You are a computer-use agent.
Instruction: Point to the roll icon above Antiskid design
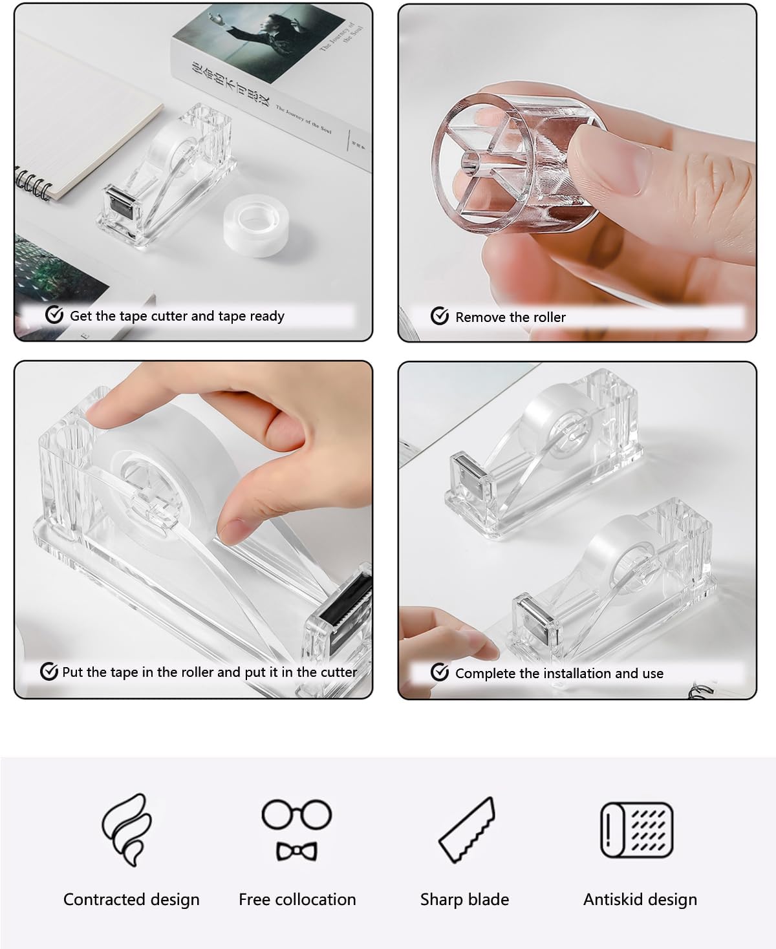[637, 830]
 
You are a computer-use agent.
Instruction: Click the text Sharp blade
[464, 899]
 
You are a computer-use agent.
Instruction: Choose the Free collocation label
[297, 899]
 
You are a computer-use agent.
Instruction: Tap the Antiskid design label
[640, 899]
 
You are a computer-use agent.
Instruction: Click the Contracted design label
[131, 899]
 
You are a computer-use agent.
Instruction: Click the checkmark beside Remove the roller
[440, 316]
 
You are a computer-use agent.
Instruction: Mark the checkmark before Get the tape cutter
[54, 315]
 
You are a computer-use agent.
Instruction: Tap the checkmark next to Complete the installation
[440, 672]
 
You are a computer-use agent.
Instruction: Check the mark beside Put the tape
[49, 672]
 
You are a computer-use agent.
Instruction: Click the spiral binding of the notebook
[32, 184]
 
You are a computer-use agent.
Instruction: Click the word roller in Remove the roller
[546, 317]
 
